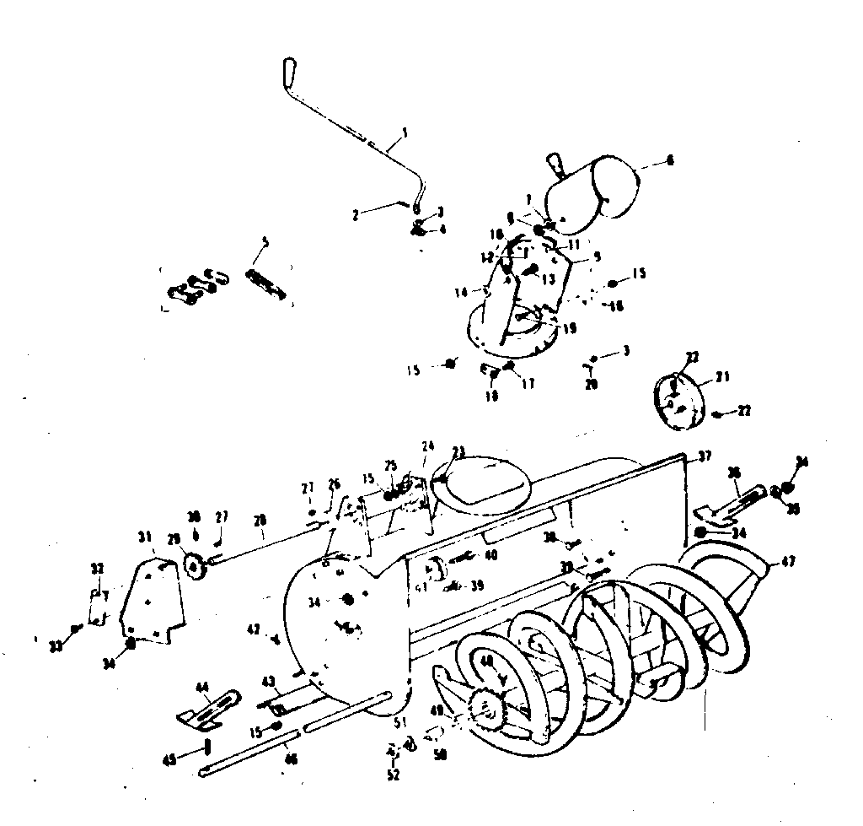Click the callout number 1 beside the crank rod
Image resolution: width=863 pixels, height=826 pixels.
(405, 132)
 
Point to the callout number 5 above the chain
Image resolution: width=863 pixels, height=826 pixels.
(265, 242)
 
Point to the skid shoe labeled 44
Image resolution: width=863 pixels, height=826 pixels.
(206, 707)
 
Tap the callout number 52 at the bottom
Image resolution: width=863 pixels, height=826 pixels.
(394, 774)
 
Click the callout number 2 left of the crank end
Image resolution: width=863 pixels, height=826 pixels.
(356, 215)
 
